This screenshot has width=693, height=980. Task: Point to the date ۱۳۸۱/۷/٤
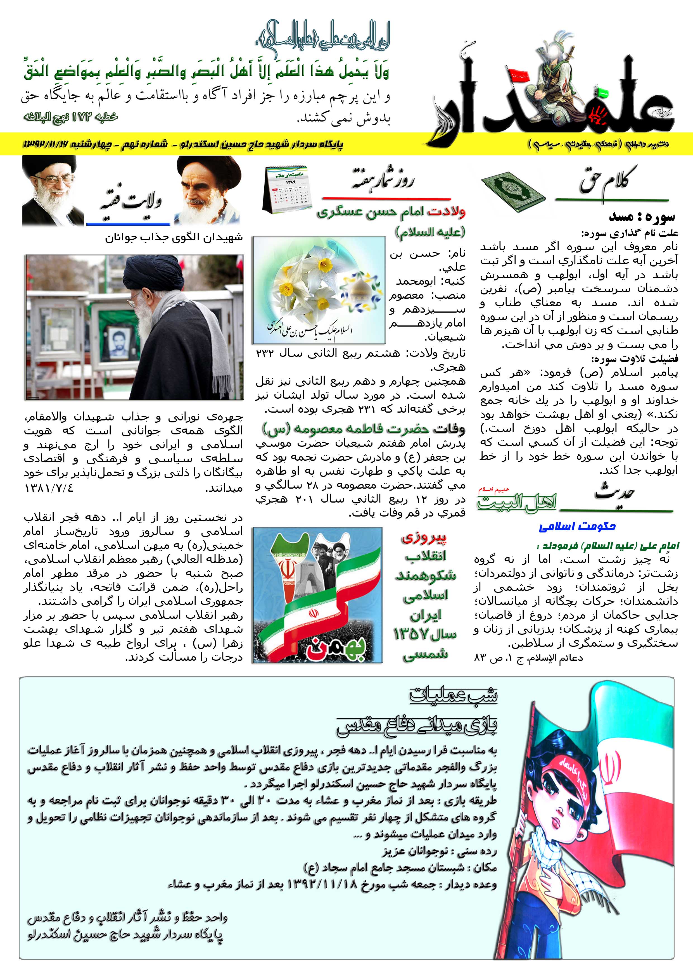(x=49, y=487)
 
